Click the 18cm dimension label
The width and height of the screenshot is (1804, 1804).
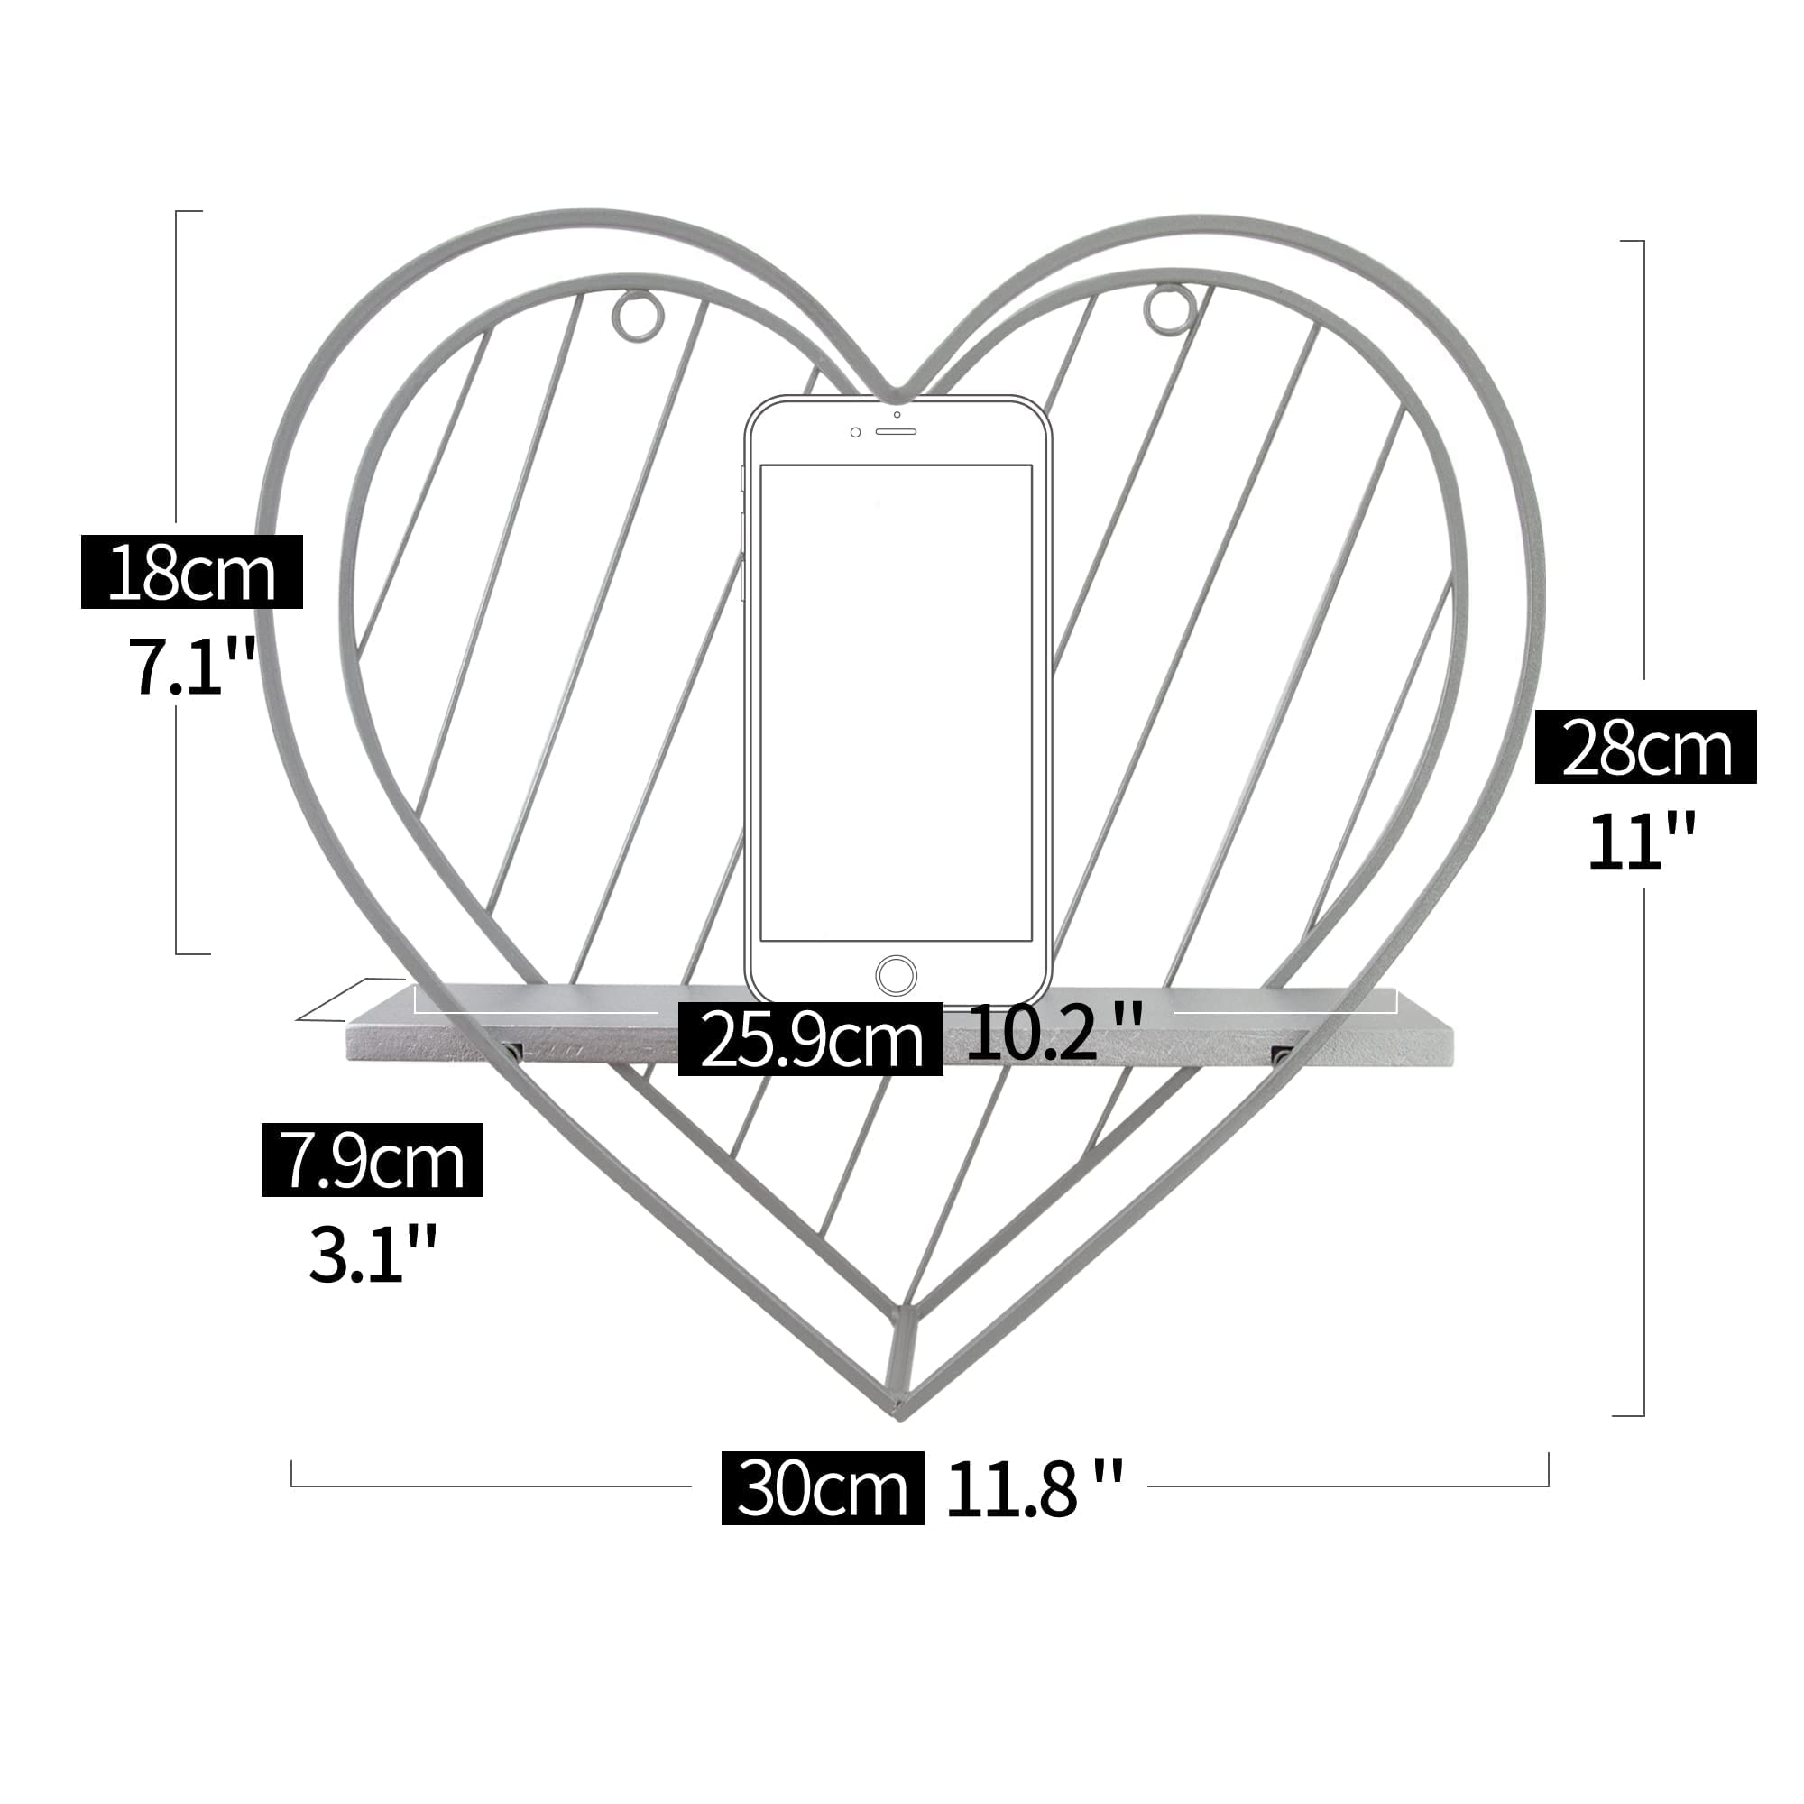tap(192, 573)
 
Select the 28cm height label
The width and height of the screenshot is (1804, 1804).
tap(1645, 747)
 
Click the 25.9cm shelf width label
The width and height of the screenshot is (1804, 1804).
tap(811, 1039)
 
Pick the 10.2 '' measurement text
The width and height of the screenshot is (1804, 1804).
tap(1054, 1033)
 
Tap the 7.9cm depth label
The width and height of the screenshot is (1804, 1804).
tap(373, 1160)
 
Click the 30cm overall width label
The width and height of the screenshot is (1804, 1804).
tap(823, 1488)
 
